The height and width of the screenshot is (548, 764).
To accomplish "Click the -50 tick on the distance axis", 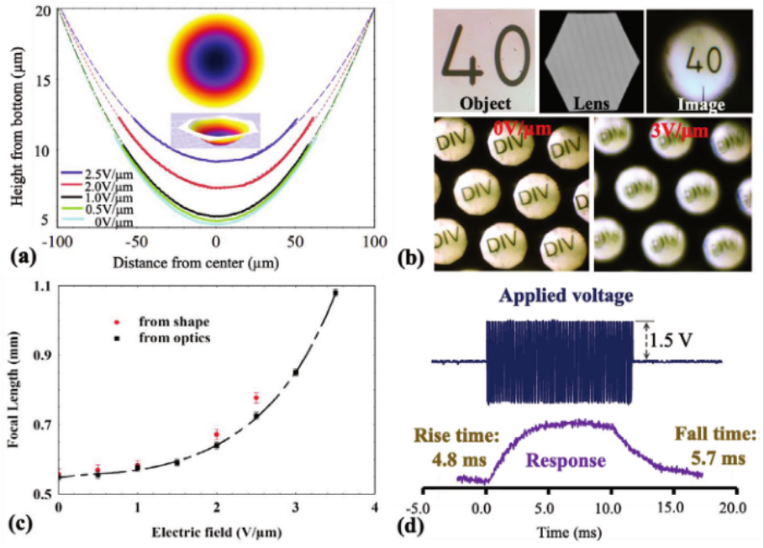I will point(137,242).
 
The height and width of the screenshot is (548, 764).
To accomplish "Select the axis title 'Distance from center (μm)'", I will point(217,261).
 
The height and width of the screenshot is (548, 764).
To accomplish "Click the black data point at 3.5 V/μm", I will point(335,292).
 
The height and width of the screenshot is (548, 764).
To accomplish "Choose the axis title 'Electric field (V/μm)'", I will point(216,531).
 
